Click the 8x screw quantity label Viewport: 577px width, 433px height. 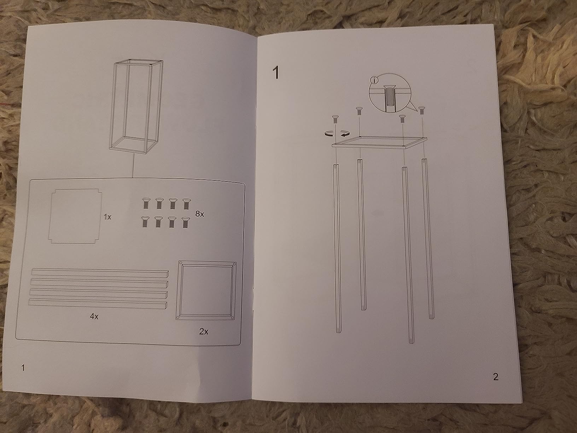(x=199, y=214)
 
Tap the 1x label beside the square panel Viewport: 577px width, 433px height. (x=107, y=217)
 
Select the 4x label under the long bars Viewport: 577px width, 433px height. (x=94, y=316)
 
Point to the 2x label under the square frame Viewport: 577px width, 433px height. (x=203, y=331)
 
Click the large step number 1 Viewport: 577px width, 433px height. (x=275, y=73)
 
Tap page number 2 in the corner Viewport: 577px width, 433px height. (x=496, y=377)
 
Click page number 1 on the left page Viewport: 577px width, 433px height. (x=23, y=368)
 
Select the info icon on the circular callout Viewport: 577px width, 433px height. (x=374, y=80)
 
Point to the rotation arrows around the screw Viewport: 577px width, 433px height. (x=337, y=134)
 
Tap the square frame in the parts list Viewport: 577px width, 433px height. (x=206, y=290)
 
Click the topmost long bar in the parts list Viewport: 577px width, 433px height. (x=100, y=272)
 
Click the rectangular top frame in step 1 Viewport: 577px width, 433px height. (x=379, y=143)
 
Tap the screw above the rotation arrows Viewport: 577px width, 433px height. (x=335, y=119)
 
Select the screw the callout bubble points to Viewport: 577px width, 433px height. (x=421, y=110)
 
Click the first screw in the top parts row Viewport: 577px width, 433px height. (x=146, y=203)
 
